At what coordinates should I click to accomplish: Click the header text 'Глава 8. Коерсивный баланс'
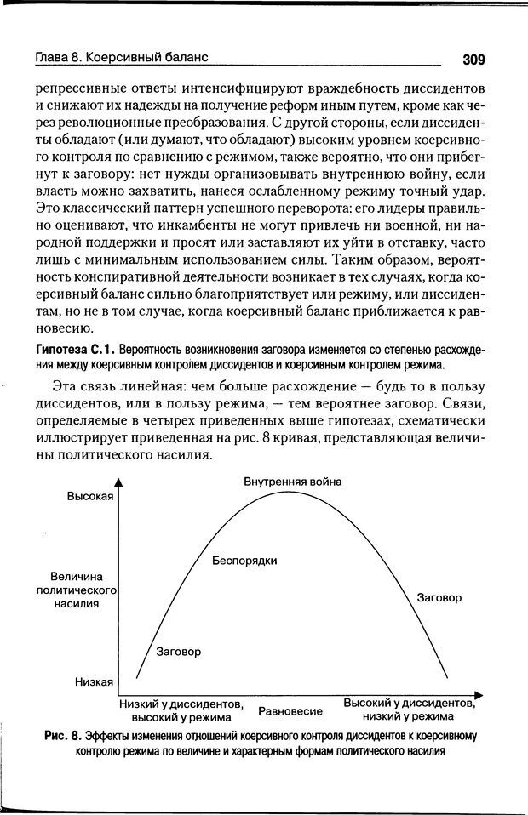click(122, 58)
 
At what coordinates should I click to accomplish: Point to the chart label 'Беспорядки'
click(244, 561)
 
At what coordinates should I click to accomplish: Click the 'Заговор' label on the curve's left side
click(180, 652)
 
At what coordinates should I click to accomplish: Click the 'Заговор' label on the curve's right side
click(439, 598)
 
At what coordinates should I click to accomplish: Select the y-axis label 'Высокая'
click(90, 498)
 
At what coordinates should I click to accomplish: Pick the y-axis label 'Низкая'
click(95, 681)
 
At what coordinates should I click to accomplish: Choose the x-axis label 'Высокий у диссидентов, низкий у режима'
click(409, 710)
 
